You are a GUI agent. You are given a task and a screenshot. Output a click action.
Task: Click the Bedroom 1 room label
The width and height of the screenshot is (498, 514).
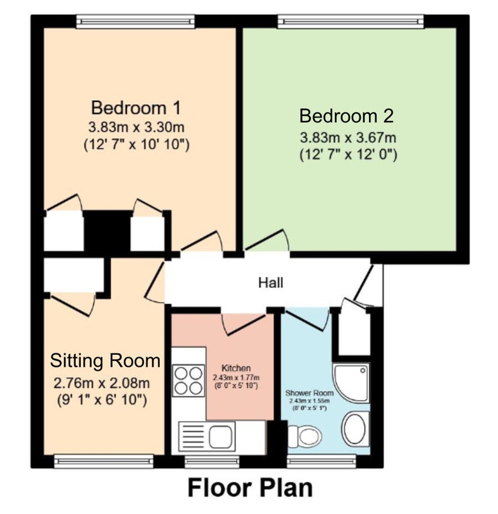click(136, 108)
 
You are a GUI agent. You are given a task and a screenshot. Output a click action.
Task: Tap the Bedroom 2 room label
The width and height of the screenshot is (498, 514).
click(347, 116)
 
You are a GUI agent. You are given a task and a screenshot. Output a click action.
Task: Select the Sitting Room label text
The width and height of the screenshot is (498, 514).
click(105, 360)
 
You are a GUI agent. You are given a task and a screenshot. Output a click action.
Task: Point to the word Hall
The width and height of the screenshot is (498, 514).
click(271, 283)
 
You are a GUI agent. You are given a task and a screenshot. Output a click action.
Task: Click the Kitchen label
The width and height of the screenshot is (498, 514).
click(236, 368)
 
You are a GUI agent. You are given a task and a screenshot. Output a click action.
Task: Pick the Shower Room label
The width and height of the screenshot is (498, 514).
click(309, 393)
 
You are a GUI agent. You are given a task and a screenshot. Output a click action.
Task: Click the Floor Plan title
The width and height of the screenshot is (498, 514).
click(250, 488)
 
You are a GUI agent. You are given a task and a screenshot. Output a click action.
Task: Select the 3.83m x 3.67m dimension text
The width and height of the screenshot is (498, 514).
click(348, 137)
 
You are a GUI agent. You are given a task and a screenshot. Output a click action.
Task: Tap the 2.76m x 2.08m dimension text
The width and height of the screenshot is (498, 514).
click(101, 383)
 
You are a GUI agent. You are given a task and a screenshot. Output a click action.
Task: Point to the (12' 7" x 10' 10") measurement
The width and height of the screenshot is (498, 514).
click(137, 145)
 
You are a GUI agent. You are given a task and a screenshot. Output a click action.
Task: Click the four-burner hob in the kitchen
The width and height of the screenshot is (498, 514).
click(188, 380)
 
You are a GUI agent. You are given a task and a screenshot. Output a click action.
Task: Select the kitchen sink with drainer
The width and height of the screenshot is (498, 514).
click(207, 436)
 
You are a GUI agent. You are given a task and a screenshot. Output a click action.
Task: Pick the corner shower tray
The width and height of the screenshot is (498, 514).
click(351, 382)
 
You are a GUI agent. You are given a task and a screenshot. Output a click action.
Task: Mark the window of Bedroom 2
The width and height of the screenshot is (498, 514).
click(350, 22)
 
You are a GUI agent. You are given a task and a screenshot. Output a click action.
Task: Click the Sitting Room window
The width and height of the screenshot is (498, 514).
click(104, 461)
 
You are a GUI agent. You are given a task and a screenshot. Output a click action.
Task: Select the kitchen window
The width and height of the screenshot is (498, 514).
click(212, 461)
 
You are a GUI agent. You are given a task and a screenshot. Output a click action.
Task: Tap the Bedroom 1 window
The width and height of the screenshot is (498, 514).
click(135, 22)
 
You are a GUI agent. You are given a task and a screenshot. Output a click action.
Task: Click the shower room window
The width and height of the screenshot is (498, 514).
click(321, 461)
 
